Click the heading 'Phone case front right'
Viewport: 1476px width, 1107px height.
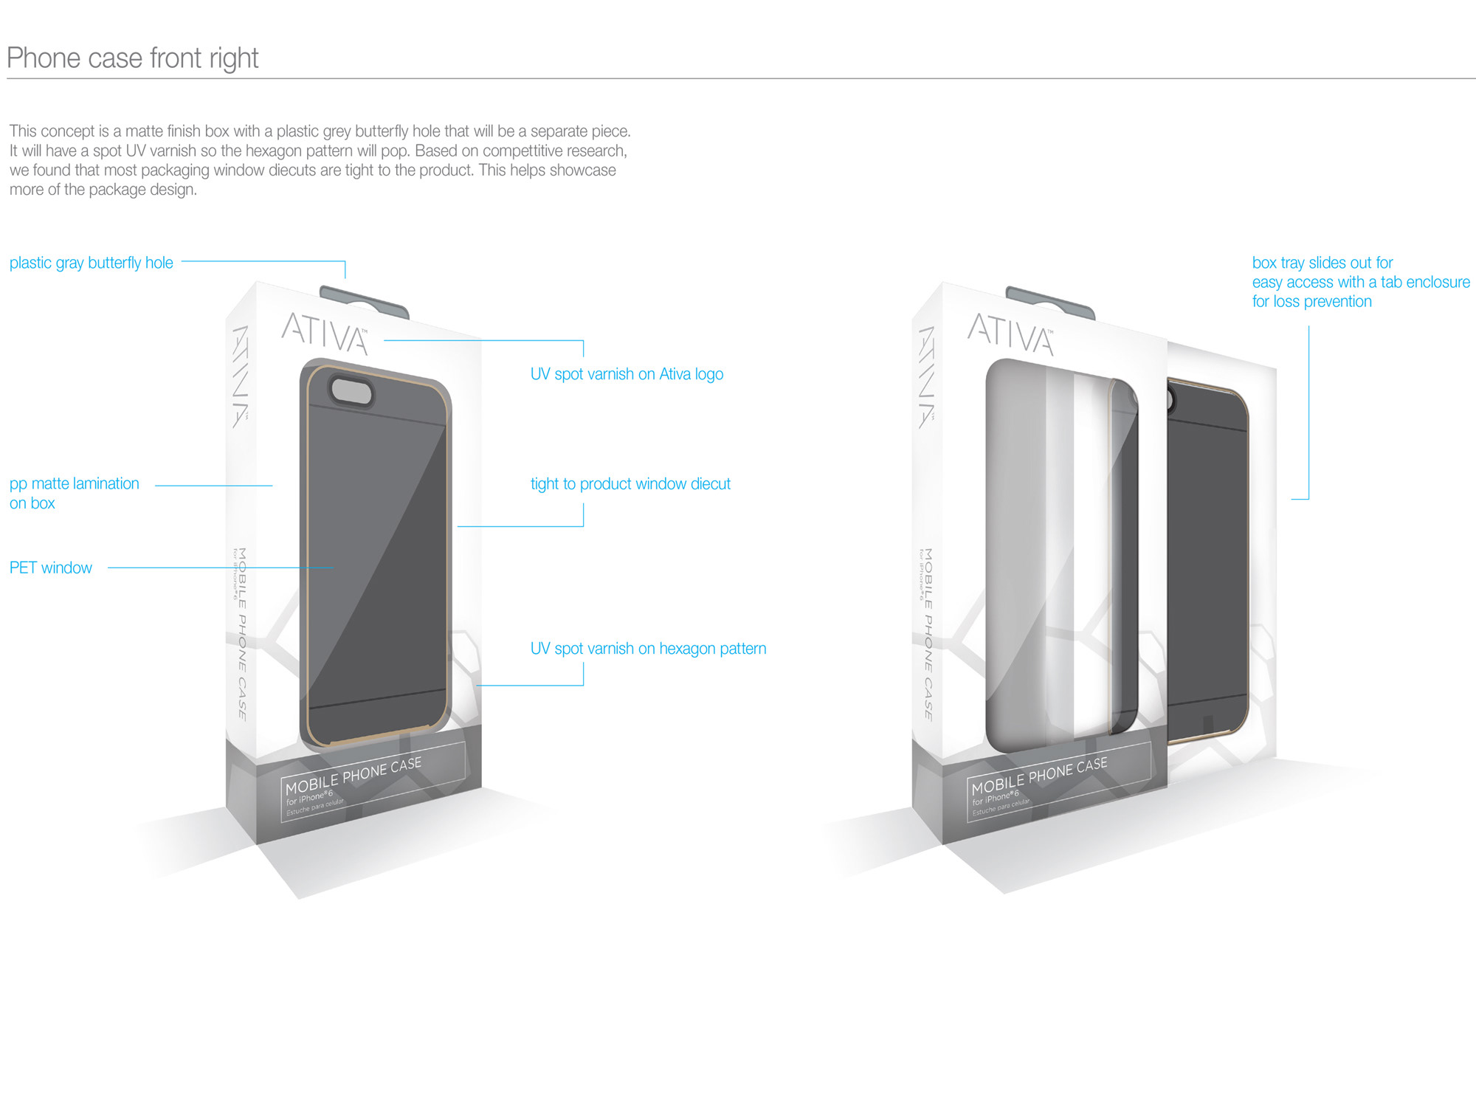pyautogui.click(x=133, y=58)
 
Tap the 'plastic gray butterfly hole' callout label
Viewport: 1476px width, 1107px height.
pyautogui.click(x=92, y=263)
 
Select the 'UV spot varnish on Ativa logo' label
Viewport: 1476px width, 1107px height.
pyautogui.click(x=627, y=374)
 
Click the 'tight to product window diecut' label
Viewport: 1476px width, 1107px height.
pyautogui.click(x=630, y=484)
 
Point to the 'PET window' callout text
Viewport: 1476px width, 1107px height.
pyautogui.click(x=51, y=568)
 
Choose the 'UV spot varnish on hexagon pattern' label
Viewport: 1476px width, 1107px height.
pyautogui.click(x=648, y=649)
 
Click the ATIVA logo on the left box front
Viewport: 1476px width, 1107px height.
pyautogui.click(x=325, y=334)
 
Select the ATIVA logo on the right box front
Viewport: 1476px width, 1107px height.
pyautogui.click(x=1010, y=334)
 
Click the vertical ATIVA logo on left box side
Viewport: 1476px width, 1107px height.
pyautogui.click(x=241, y=376)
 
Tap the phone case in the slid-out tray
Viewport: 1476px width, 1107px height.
pyautogui.click(x=1207, y=561)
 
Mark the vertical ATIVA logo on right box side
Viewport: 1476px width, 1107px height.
pyautogui.click(x=927, y=376)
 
